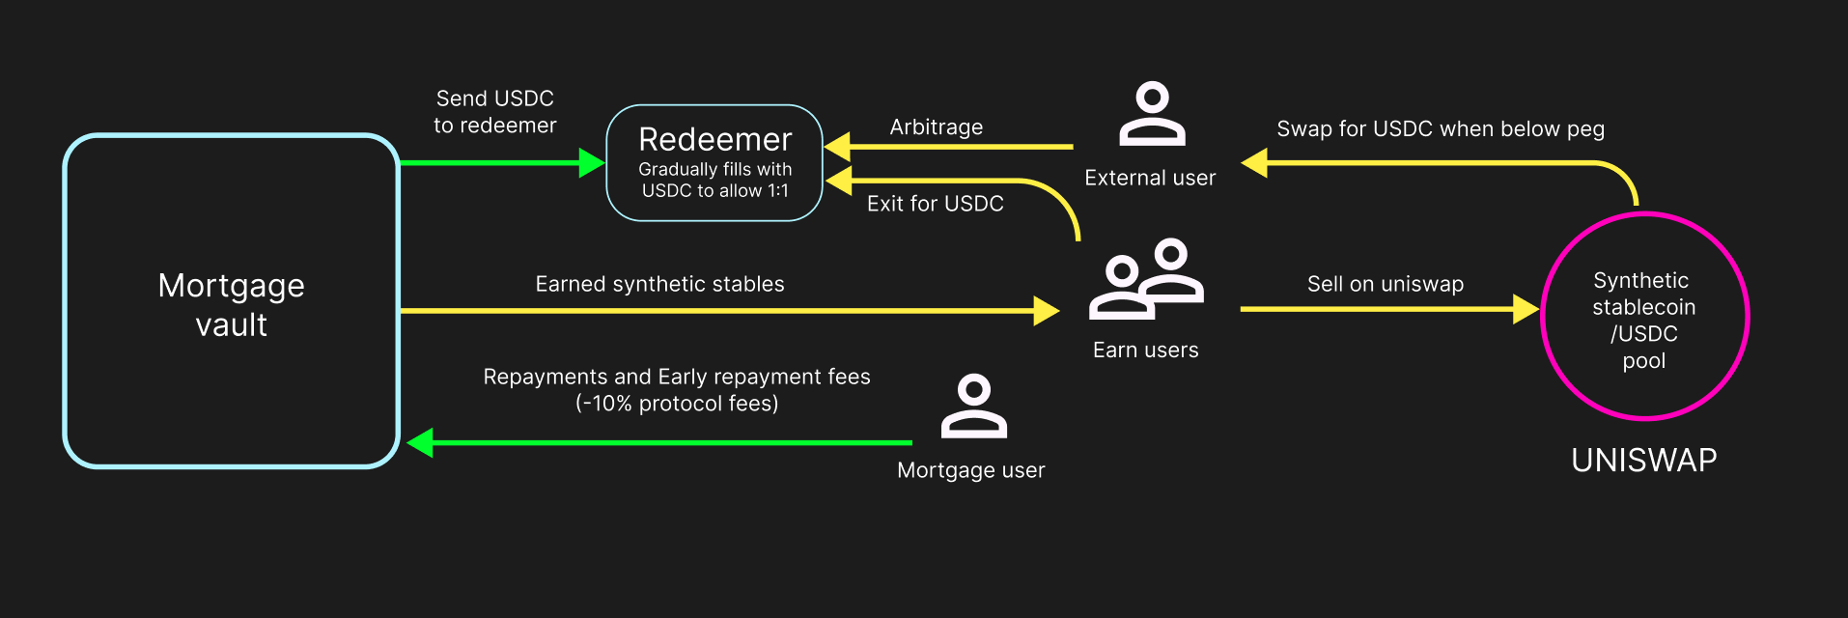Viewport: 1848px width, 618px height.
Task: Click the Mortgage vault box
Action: pyautogui.click(x=232, y=301)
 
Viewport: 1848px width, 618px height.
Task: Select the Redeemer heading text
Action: pyautogui.click(x=714, y=140)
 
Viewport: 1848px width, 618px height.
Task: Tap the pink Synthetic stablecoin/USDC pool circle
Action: pyautogui.click(x=1644, y=317)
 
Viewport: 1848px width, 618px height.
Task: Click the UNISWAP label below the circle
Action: pyautogui.click(x=1643, y=461)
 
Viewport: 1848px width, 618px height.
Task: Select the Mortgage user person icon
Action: pyautogui.click(x=973, y=407)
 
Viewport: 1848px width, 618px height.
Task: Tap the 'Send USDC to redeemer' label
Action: pyautogui.click(x=494, y=112)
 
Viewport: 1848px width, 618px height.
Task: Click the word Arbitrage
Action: pyautogui.click(x=936, y=127)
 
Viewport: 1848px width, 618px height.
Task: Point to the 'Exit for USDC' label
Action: pyautogui.click(x=935, y=204)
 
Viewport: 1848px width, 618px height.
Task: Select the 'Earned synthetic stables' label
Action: pyautogui.click(x=659, y=284)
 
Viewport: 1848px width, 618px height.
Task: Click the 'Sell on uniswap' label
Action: pyautogui.click(x=1385, y=284)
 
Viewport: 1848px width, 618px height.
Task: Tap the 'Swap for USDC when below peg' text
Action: pyautogui.click(x=1440, y=129)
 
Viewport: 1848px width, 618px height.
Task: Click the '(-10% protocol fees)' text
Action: pyautogui.click(x=677, y=404)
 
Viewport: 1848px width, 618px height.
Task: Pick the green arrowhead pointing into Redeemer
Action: pyautogui.click(x=591, y=163)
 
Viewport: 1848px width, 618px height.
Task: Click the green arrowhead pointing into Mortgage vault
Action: pyautogui.click(x=421, y=443)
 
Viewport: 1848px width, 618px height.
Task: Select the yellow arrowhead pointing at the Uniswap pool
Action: pyautogui.click(x=1526, y=309)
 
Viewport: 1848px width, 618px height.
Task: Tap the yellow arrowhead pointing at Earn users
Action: pyautogui.click(x=1046, y=311)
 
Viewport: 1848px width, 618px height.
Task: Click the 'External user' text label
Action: pyautogui.click(x=1150, y=178)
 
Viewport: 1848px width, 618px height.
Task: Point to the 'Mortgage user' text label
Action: pyautogui.click(x=970, y=470)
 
